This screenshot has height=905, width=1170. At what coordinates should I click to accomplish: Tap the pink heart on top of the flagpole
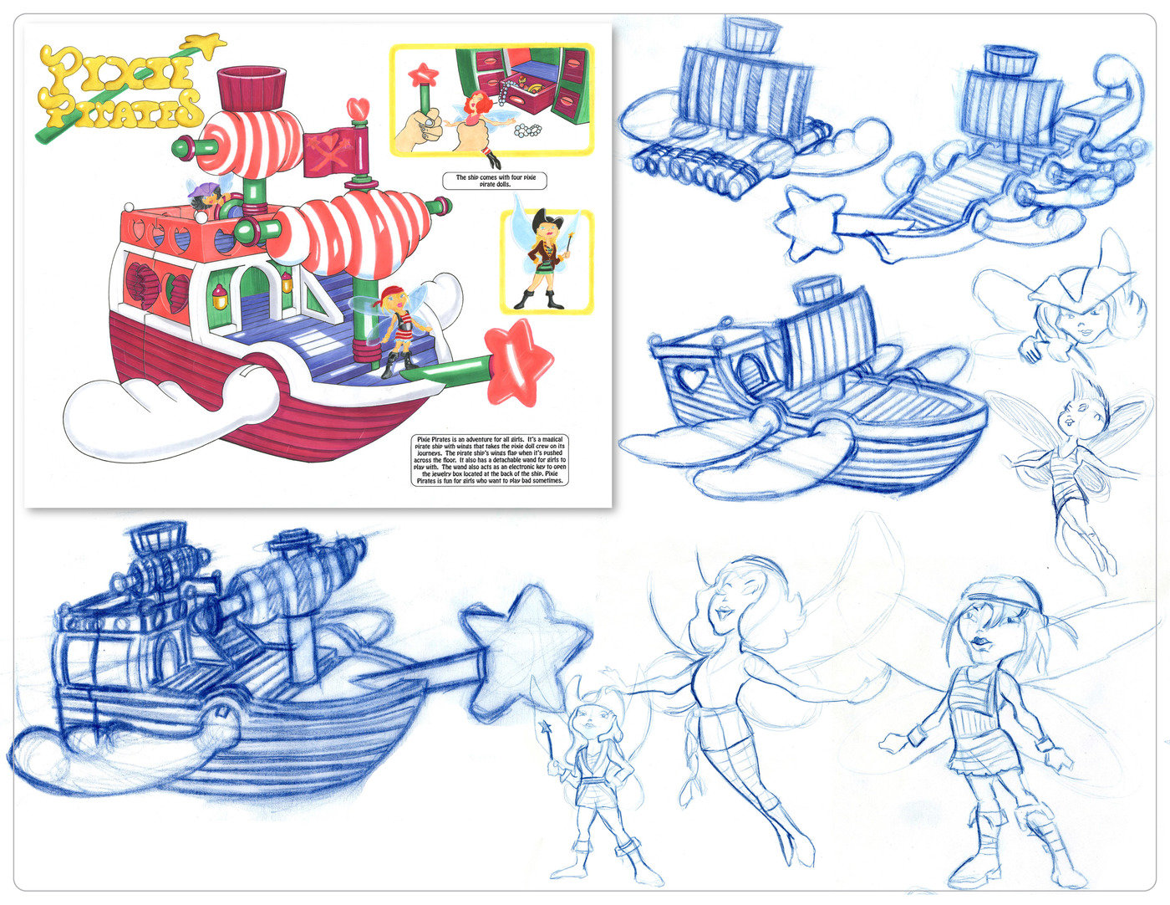coord(359,109)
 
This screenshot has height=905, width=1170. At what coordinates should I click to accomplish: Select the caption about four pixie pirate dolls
coord(491,181)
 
